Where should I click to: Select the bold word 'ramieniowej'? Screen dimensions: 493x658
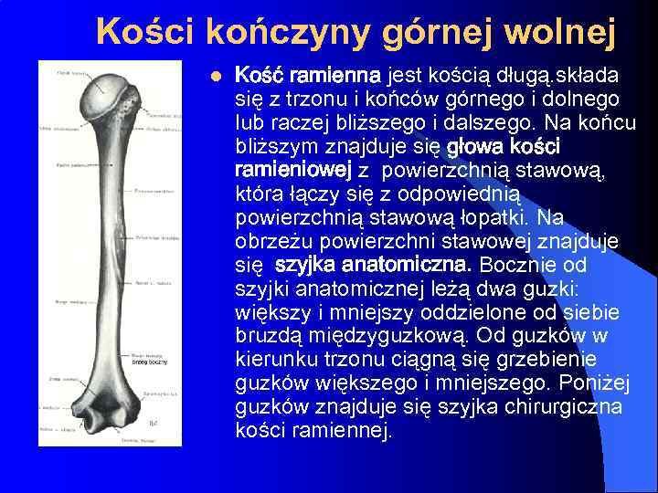292,170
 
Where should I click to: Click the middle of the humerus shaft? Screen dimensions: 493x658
103,246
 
